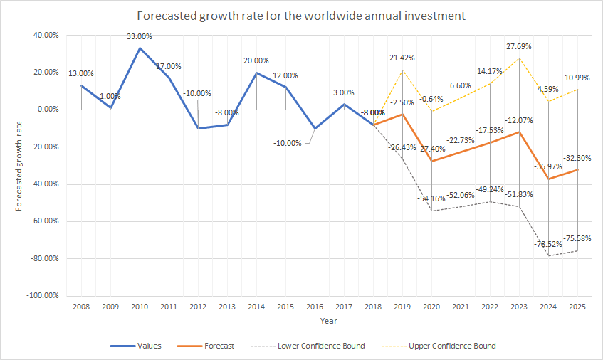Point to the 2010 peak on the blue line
[x=140, y=48]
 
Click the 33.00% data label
[x=140, y=36]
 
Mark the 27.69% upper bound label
[x=518, y=46]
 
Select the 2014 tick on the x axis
[x=256, y=307]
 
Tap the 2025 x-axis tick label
[x=577, y=307]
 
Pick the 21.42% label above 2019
[x=402, y=58]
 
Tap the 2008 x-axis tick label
[x=81, y=307]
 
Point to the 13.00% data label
[x=81, y=73]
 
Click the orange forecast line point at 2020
[x=431, y=161]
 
